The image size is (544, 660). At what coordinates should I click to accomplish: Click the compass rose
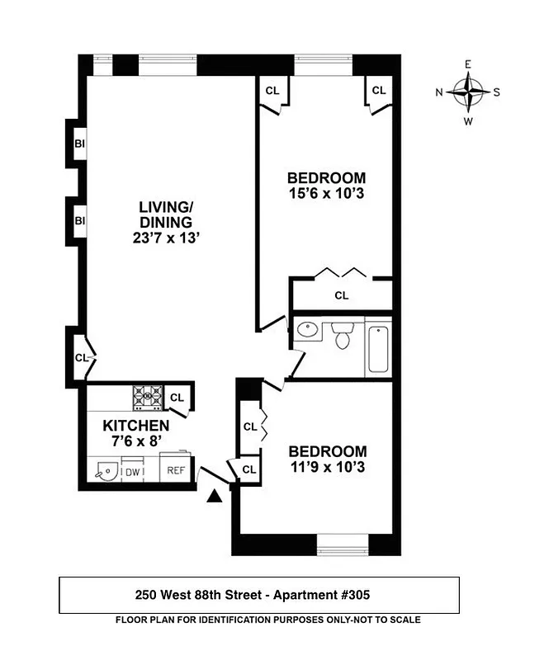pyautogui.click(x=468, y=92)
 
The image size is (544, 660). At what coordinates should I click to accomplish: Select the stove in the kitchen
pyautogui.click(x=149, y=397)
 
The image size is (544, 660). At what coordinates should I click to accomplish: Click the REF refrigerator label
pyautogui.click(x=176, y=471)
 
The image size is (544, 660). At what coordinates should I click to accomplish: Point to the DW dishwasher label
pyautogui.click(x=132, y=472)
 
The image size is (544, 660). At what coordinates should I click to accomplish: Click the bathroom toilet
pyautogui.click(x=342, y=335)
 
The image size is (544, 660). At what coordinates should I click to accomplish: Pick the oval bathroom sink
pyautogui.click(x=307, y=331)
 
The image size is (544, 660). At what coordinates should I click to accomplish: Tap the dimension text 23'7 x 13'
pyautogui.click(x=165, y=238)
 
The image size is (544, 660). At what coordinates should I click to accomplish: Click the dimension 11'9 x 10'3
pyautogui.click(x=326, y=467)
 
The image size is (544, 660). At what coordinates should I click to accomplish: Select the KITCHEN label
pyautogui.click(x=136, y=426)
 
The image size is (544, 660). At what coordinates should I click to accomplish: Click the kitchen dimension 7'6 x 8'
pyautogui.click(x=136, y=441)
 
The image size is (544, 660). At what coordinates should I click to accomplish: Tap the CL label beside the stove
pyautogui.click(x=177, y=398)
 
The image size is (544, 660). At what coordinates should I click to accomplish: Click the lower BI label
pyautogui.click(x=80, y=221)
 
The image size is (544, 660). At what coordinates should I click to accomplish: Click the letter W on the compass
pyautogui.click(x=468, y=120)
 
